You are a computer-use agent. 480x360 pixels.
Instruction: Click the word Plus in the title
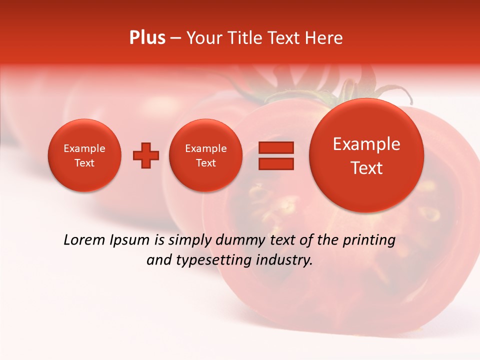147,38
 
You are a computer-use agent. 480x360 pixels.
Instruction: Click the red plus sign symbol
146,155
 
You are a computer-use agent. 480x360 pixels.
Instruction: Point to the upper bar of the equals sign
275,147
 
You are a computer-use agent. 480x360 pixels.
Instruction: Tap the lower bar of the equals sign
275,163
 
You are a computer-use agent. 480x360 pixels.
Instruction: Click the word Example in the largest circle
366,144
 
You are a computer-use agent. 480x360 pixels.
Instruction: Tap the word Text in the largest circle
366,168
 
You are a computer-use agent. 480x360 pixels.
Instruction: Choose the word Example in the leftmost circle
84,148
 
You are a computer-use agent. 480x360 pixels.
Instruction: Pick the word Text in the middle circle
205,163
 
